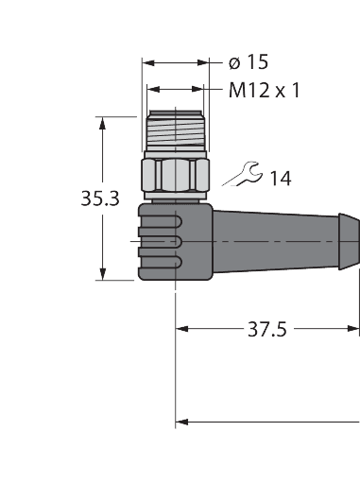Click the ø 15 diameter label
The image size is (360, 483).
coord(249,62)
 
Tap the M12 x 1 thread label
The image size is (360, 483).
coord(265,92)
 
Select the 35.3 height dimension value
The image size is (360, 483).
coord(99,199)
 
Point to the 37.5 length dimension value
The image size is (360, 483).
coord(267,329)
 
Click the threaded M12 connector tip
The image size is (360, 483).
coord(177,133)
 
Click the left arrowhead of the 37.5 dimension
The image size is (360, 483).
coord(182,329)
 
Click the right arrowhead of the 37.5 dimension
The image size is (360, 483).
coord(354,329)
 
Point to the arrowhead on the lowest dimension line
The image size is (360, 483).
coord(182,421)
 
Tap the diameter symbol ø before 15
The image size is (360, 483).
coord(233,63)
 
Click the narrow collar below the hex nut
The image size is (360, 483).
coord(177,196)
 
